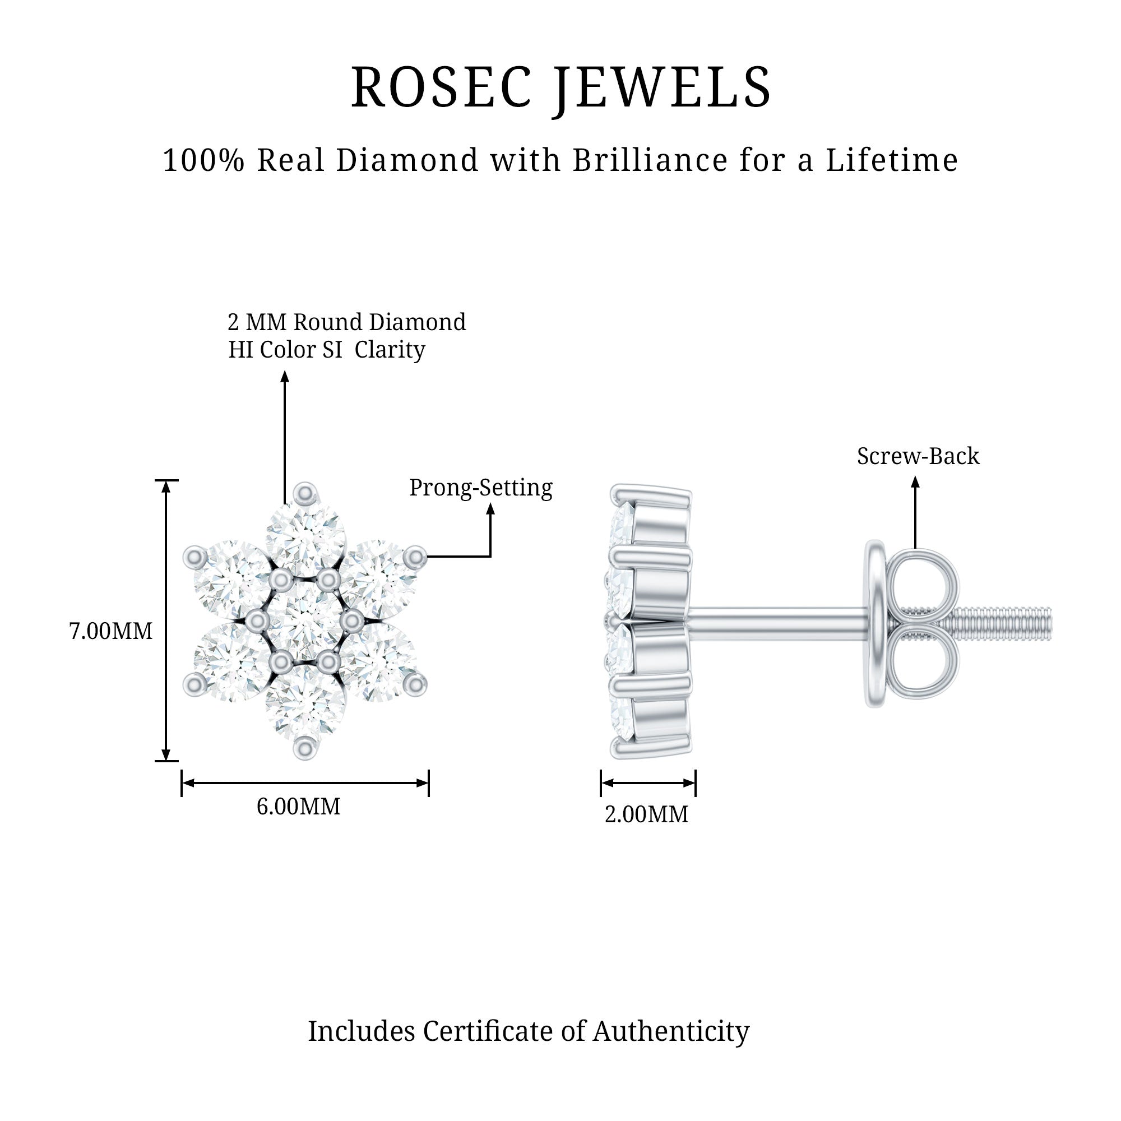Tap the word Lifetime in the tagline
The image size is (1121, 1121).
(x=892, y=160)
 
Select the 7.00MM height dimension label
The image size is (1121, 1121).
(x=110, y=631)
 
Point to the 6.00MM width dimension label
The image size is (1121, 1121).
(x=298, y=807)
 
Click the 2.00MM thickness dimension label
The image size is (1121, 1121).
(x=646, y=814)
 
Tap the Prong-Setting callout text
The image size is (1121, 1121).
(x=481, y=488)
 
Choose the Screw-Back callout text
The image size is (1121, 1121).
(x=918, y=456)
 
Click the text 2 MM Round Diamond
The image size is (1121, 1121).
(x=347, y=322)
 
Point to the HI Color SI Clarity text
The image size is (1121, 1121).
(x=327, y=350)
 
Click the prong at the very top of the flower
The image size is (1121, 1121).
(x=305, y=494)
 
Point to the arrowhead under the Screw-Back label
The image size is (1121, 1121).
(x=916, y=481)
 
